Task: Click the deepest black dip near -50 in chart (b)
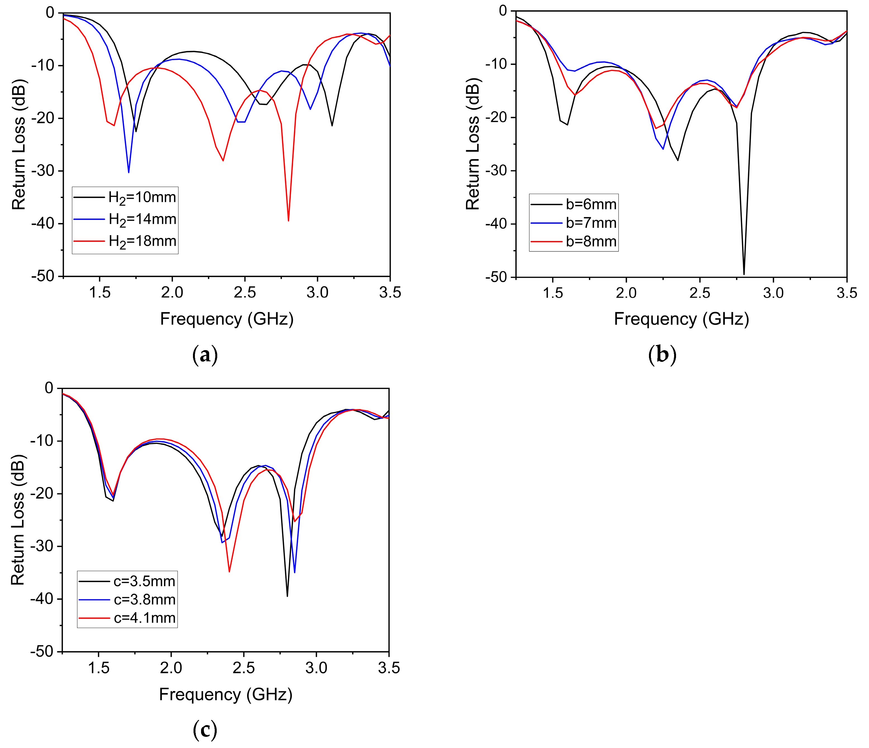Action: (x=744, y=274)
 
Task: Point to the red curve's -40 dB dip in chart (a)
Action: (x=288, y=220)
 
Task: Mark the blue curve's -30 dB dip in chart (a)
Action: (x=128, y=172)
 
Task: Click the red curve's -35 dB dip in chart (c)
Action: (x=229, y=571)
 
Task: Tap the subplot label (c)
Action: (x=205, y=730)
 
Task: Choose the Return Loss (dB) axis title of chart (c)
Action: (x=18, y=520)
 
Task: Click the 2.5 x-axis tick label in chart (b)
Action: (x=700, y=293)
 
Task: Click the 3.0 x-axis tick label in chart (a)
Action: (x=317, y=293)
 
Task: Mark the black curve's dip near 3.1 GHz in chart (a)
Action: (x=332, y=125)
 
